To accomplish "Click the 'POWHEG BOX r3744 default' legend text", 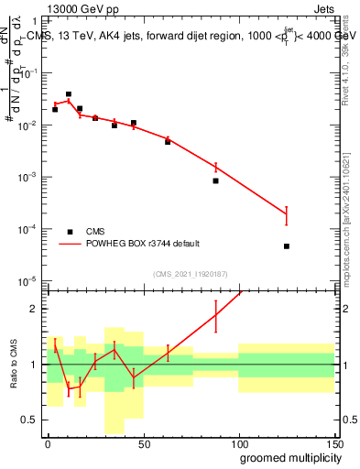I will pos(144,244).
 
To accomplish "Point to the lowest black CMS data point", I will pos(287,246).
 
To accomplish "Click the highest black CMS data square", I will pos(69,93).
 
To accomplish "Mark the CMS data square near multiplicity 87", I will pos(215,180).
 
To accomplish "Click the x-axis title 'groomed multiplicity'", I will pos(287,457).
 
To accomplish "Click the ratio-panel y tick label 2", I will pos(36,309).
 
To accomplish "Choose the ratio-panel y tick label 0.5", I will pos(33,420).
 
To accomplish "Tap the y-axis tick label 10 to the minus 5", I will pos(31,279).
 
